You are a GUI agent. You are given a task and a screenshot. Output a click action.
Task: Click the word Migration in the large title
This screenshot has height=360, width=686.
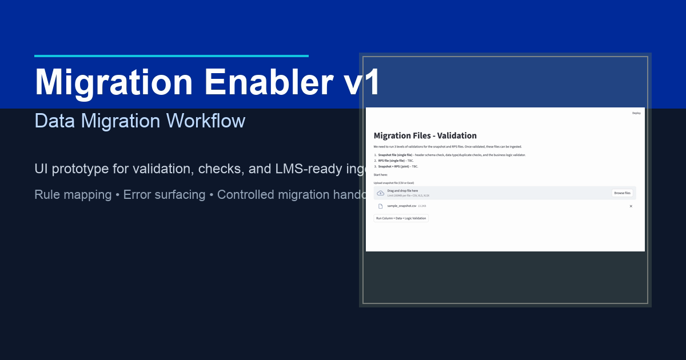point(114,82)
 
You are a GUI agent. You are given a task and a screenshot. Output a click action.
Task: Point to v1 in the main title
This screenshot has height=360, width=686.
point(362,82)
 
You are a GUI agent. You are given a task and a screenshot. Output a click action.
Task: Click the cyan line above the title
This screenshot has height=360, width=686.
point(171,56)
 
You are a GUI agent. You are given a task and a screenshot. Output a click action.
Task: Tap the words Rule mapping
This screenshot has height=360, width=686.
point(73,195)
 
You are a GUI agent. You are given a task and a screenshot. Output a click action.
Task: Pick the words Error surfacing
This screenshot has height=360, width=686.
point(164,195)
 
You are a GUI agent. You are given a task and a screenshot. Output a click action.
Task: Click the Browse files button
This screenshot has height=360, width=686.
point(622,193)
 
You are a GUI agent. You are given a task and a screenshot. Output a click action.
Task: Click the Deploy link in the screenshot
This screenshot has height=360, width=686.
point(636,113)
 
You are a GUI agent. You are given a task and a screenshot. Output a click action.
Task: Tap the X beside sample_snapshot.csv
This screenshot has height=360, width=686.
point(631,206)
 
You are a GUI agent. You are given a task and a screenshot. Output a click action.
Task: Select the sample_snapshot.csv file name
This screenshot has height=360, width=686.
point(401,206)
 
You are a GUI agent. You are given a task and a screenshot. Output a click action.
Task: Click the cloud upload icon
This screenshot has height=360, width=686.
point(381,193)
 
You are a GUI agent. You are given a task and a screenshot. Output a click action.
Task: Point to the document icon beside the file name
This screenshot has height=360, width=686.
point(381,206)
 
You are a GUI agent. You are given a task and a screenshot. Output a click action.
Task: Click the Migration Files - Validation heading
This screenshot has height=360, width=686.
point(425,136)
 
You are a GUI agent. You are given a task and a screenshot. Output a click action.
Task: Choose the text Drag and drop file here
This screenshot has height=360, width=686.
point(402,191)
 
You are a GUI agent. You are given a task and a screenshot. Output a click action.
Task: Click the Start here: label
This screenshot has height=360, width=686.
point(381,174)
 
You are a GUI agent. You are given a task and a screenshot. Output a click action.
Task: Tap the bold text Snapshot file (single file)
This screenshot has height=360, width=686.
point(395,155)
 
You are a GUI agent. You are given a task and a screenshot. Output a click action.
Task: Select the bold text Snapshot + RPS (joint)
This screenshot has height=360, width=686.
point(394,166)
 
